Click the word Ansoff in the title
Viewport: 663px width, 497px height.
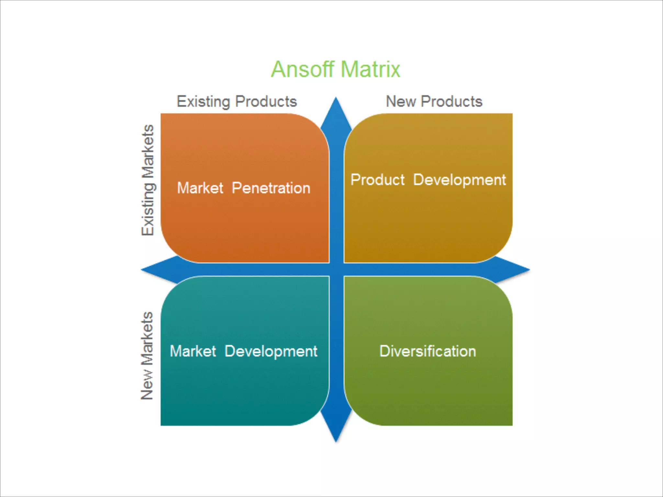click(x=302, y=69)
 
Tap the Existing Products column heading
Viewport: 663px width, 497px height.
click(x=237, y=102)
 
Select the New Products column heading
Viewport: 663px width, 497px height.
click(x=434, y=102)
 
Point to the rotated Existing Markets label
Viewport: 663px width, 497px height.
click(x=148, y=180)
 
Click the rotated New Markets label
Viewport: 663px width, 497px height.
click(x=147, y=356)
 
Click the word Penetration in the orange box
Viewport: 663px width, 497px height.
click(x=271, y=188)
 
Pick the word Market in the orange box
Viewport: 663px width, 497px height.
click(x=200, y=188)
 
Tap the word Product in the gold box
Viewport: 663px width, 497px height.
click(x=377, y=180)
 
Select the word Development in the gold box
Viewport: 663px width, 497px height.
click(x=459, y=180)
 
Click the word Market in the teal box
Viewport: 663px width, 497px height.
click(x=193, y=351)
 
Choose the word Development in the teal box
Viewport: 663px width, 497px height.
click(x=271, y=352)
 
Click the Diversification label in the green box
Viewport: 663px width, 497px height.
click(x=428, y=351)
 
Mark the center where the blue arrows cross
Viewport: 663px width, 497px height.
click(x=336, y=270)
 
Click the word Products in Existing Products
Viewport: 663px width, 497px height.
click(x=266, y=102)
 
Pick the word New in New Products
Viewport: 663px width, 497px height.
click(x=401, y=102)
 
